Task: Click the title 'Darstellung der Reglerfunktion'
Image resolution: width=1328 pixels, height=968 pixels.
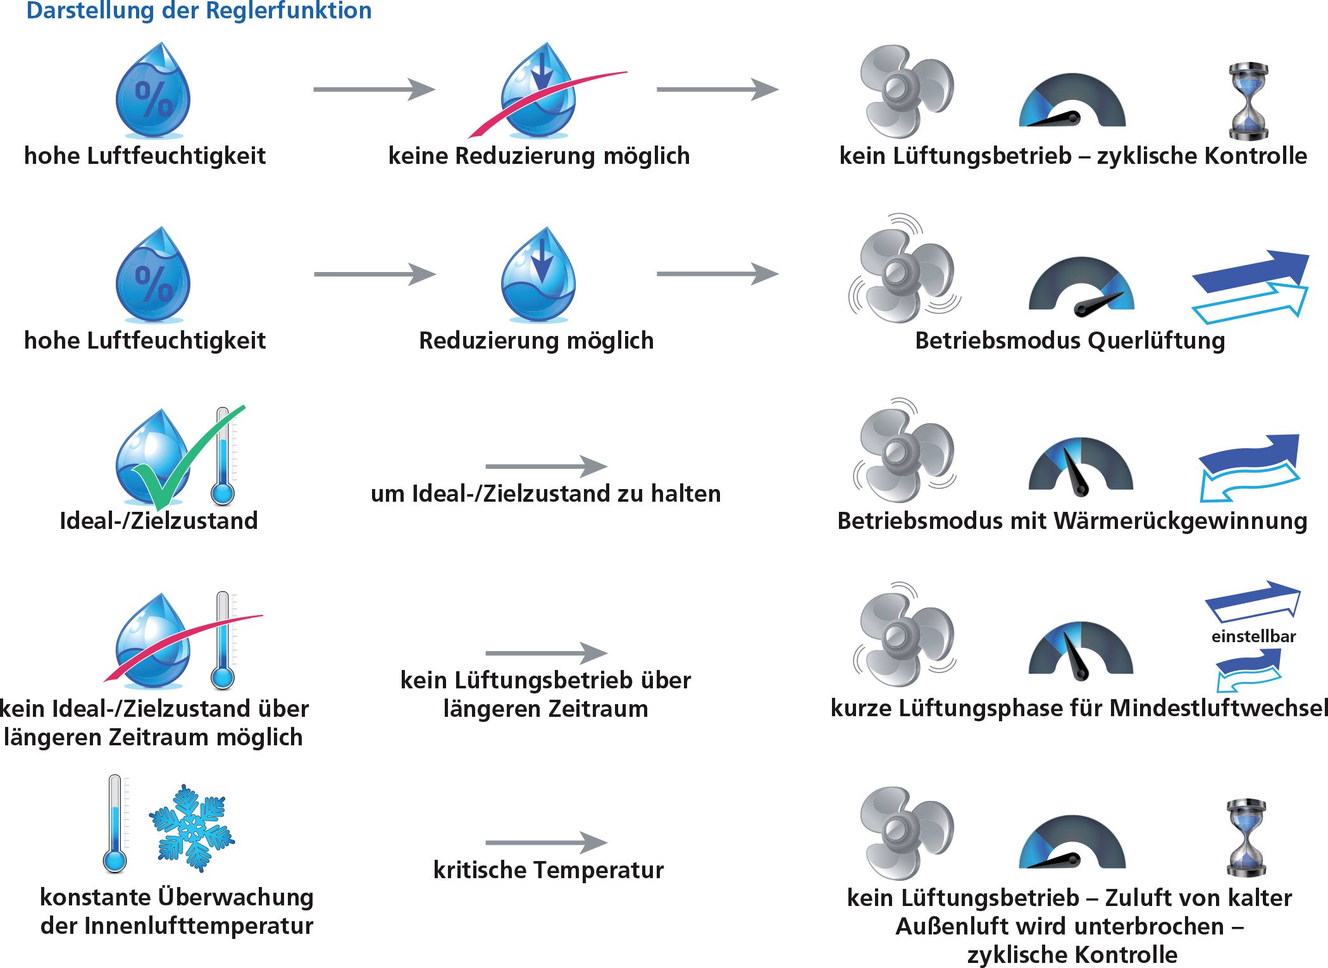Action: click(199, 11)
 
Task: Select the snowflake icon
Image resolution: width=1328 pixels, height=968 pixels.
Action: click(192, 828)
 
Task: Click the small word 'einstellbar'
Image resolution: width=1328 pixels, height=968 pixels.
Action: click(1253, 636)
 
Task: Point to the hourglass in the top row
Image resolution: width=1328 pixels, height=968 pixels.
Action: click(1248, 101)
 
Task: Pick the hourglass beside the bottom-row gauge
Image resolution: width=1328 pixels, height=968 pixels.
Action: click(1246, 838)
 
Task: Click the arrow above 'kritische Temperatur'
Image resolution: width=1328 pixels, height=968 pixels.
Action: click(547, 843)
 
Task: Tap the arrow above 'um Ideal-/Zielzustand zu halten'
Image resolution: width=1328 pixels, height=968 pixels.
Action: click(547, 466)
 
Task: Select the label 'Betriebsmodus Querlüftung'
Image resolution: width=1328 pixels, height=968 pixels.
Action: click(1070, 340)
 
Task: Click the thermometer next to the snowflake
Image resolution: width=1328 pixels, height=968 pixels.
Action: click(115, 824)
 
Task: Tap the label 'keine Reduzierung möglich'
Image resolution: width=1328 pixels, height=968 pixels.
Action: click(539, 156)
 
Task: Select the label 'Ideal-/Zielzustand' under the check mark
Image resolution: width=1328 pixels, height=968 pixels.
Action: click(158, 521)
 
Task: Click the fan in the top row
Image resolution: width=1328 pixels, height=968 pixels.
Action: click(907, 91)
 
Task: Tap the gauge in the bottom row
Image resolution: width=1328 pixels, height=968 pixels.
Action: click(1072, 842)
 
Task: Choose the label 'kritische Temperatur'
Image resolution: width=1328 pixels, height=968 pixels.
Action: click(549, 870)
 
